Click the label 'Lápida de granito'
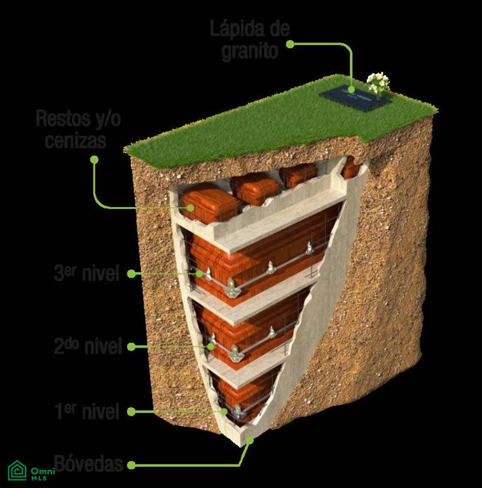[250, 39]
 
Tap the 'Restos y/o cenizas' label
[78, 129]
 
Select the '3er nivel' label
[87, 273]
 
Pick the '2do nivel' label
[88, 346]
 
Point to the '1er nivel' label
[87, 411]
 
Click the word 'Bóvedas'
[89, 463]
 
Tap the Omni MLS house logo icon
[17, 470]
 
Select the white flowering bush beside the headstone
[378, 83]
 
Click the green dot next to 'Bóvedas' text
[132, 465]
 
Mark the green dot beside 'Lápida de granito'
[290, 44]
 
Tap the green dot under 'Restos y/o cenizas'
[94, 159]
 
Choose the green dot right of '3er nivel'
[132, 274]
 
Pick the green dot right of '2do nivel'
[132, 346]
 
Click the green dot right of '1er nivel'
[132, 412]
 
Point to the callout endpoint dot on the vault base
[249, 440]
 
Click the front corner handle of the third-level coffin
[231, 288]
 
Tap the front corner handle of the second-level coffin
[235, 354]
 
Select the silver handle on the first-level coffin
[238, 412]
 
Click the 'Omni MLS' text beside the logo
[43, 473]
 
